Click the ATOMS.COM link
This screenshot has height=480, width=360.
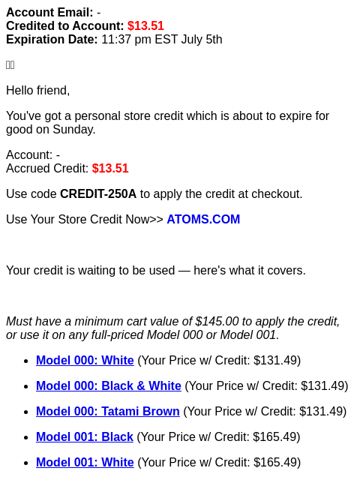pyautogui.click(x=203, y=219)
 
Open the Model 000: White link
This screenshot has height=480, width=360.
pyautogui.click(x=85, y=360)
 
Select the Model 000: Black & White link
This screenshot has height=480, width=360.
pyautogui.click(x=108, y=385)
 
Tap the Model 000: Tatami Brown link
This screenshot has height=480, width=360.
pyautogui.click(x=108, y=411)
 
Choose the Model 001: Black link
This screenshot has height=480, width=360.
pyautogui.click(x=85, y=436)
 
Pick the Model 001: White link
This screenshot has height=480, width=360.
pyautogui.click(x=85, y=462)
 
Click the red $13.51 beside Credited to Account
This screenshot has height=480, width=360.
pyautogui.click(x=145, y=26)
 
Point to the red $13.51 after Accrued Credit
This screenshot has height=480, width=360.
pyautogui.click(x=110, y=168)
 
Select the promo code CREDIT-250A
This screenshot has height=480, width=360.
pyautogui.click(x=98, y=193)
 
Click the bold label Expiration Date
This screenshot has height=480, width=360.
pyautogui.click(x=52, y=40)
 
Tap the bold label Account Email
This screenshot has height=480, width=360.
pyautogui.click(x=49, y=13)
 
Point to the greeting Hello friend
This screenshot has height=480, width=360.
pyautogui.click(x=38, y=91)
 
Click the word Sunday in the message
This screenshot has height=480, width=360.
pyautogui.click(x=74, y=130)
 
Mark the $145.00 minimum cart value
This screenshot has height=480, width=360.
pyautogui.click(x=217, y=322)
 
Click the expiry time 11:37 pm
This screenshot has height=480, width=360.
pyautogui.click(x=126, y=40)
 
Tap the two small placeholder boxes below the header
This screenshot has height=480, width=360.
pyautogui.click(x=10, y=65)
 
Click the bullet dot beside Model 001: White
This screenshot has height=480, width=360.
pyautogui.click(x=26, y=463)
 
